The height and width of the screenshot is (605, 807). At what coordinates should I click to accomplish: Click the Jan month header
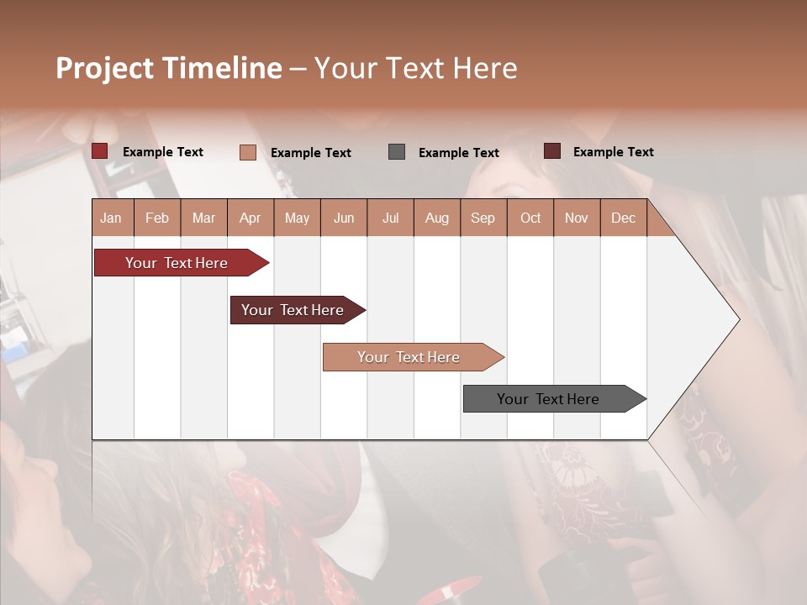click(x=112, y=218)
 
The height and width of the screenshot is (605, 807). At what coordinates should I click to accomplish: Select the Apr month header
click(x=251, y=218)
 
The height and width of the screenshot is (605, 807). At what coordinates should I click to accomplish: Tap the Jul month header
click(x=390, y=218)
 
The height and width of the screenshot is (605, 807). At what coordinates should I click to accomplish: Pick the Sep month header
click(x=483, y=218)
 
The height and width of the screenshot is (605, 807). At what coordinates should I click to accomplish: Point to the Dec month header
click(x=623, y=218)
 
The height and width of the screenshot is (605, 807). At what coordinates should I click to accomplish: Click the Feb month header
click(x=157, y=218)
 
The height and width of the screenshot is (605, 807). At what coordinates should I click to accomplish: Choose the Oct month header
click(x=530, y=218)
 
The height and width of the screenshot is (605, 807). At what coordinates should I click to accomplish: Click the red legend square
click(x=100, y=151)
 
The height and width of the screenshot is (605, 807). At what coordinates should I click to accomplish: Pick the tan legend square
click(x=248, y=152)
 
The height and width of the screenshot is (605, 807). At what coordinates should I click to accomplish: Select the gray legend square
click(x=397, y=151)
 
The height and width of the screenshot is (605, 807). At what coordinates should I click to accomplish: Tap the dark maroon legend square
click(x=552, y=151)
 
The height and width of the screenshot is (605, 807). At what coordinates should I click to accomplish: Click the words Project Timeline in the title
click(x=169, y=68)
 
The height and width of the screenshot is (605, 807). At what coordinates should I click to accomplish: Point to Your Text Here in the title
click(x=415, y=68)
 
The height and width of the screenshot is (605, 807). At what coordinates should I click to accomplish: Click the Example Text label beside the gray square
click(x=458, y=152)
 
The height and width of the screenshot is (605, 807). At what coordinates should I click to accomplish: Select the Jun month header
click(x=344, y=218)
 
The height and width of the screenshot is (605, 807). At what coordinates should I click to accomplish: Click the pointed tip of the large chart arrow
click(x=738, y=318)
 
